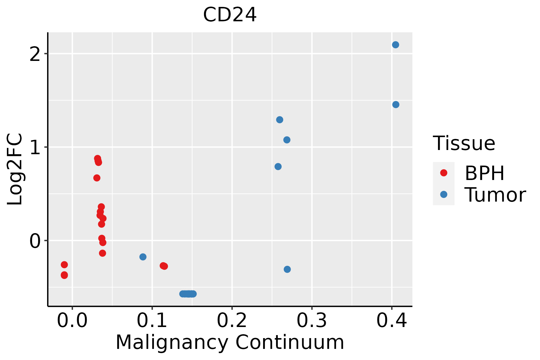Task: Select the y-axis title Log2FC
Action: tap(15, 169)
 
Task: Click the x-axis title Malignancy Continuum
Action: tap(230, 343)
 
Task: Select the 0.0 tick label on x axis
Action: tap(72, 321)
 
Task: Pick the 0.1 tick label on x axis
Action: tap(152, 321)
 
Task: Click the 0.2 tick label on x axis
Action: tap(232, 321)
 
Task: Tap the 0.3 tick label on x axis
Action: tap(312, 321)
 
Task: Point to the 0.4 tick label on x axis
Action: tap(391, 321)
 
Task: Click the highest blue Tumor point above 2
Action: tap(395, 45)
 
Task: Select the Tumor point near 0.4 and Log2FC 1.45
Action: tap(396, 104)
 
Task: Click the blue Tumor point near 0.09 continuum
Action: tap(143, 257)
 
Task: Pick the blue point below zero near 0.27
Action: tap(287, 269)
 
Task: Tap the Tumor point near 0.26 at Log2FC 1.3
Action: tap(280, 120)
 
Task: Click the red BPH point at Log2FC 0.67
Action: tap(97, 178)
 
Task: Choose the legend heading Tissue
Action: tap(464, 143)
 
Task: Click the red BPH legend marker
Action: tap(443, 173)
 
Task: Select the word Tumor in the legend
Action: tap(495, 195)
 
